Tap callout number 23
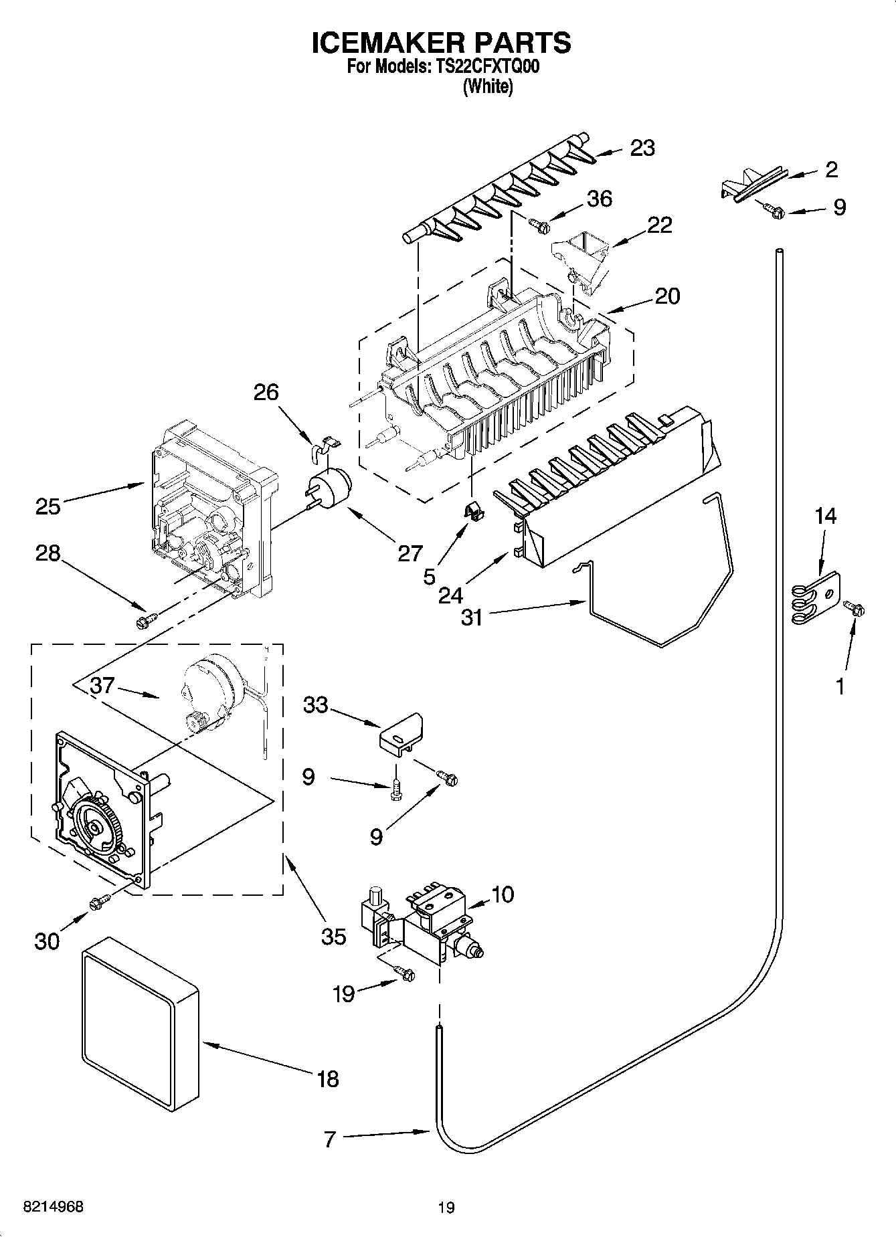642,148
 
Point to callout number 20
666,296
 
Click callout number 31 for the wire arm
472,617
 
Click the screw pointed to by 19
404,973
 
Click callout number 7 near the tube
329,1139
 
